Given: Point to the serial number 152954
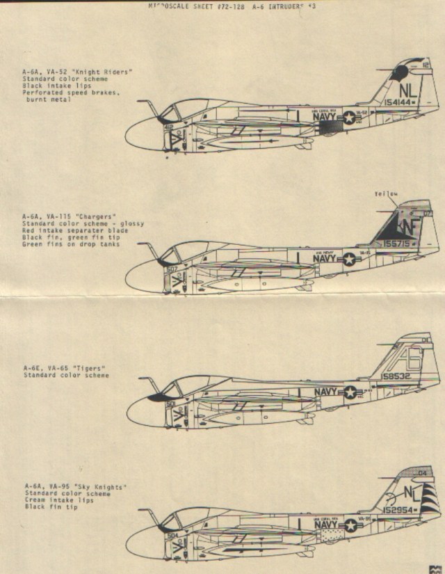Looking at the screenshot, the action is (399, 510).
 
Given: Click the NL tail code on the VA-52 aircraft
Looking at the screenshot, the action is (409, 88).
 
